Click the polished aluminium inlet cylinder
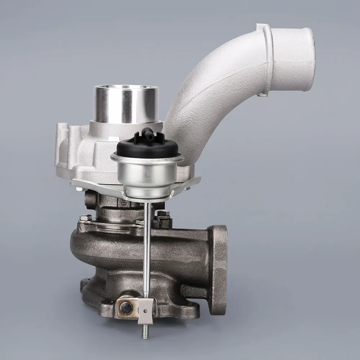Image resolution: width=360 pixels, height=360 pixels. [126, 104]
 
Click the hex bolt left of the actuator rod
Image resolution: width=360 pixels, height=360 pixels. [85, 218]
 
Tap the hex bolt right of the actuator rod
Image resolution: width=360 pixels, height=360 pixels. [162, 214]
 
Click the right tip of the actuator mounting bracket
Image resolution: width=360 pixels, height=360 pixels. [198, 179]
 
